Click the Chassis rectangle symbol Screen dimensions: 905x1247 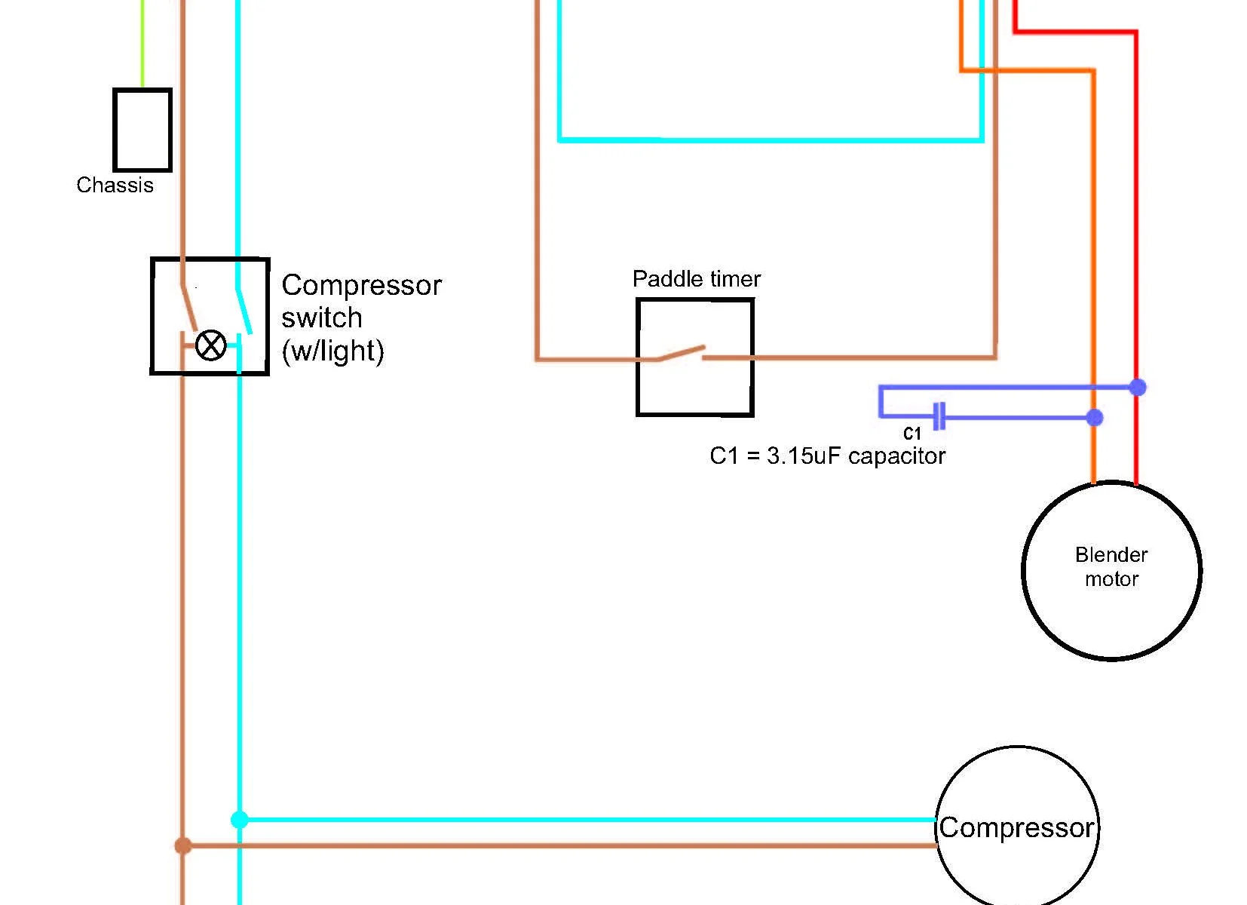coord(142,130)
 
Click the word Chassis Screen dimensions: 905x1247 coord(115,186)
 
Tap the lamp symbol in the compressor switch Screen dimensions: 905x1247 coord(210,345)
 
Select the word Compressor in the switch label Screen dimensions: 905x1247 coord(361,286)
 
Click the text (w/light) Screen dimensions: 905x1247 coord(332,351)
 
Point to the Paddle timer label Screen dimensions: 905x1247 coord(696,279)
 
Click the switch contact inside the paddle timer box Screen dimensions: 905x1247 coord(682,353)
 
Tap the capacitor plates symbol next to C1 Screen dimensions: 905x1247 coord(939,416)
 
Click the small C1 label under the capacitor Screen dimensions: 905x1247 coord(912,434)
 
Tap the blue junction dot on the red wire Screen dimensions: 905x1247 coord(1137,388)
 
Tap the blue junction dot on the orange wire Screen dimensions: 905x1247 coord(1095,417)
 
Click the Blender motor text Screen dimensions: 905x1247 coord(1111,567)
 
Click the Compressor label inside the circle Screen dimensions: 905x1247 coord(1016,828)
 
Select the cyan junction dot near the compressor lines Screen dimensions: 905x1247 coord(239,820)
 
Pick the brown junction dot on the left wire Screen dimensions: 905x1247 coord(182,846)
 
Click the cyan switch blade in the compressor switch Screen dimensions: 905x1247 coord(244,311)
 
